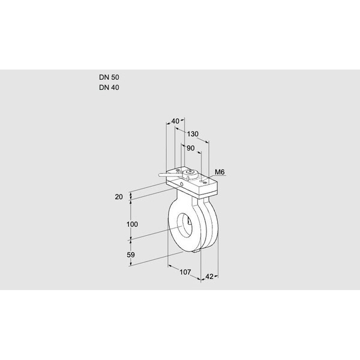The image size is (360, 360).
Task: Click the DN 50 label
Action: [109, 78]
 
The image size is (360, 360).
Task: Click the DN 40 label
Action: [109, 88]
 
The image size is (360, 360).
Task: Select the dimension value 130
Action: [193, 134]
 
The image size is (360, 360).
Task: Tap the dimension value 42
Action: [209, 277]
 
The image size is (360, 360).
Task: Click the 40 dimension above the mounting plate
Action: [175, 121]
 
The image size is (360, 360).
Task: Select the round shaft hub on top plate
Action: [190, 175]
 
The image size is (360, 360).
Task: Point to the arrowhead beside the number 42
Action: [217, 277]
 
